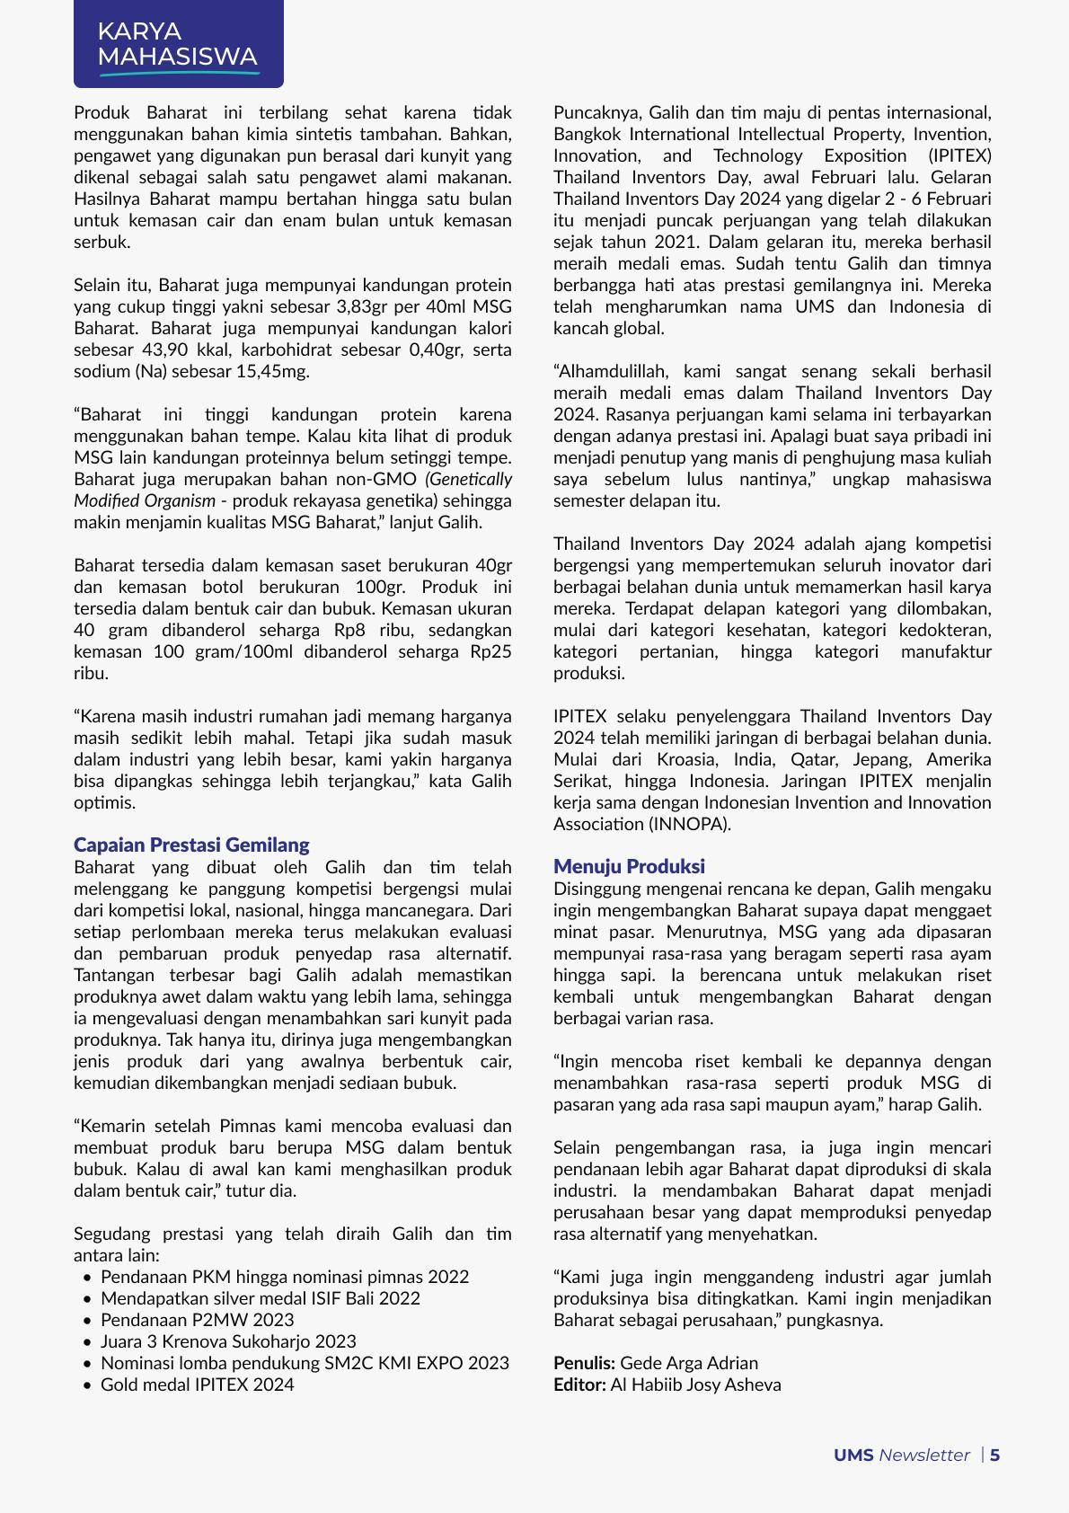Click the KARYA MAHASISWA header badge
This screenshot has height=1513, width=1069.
point(178,44)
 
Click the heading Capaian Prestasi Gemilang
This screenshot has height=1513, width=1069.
point(191,845)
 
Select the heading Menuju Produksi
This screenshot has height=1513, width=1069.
point(629,866)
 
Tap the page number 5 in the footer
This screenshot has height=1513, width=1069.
point(995,1455)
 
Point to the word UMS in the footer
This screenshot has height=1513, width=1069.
point(853,1455)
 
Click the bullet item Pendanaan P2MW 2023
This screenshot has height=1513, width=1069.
point(197,1320)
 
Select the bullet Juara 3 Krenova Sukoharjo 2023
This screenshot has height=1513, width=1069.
point(228,1341)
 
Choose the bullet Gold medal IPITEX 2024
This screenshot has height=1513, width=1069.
point(197,1385)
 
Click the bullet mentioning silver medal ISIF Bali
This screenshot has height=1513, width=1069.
point(260,1298)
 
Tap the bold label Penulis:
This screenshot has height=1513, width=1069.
point(584,1363)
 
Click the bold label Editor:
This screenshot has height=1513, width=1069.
point(579,1385)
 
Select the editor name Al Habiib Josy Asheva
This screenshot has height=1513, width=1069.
point(695,1385)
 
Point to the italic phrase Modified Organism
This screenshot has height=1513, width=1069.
point(145,500)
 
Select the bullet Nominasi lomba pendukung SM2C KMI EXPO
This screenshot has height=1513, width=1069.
point(305,1363)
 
